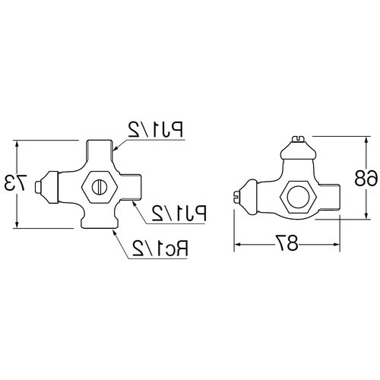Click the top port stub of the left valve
[99, 148]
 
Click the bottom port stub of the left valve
[99, 222]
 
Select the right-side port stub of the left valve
[134, 185]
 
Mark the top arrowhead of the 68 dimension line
[358, 138]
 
